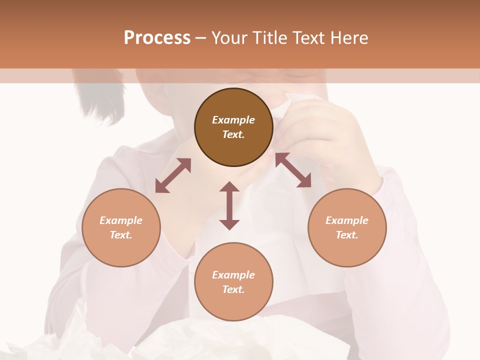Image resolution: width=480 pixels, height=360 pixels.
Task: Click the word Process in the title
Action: point(157,38)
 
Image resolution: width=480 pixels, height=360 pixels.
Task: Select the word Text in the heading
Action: point(307,38)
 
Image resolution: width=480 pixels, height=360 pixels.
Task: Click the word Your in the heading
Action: point(228,38)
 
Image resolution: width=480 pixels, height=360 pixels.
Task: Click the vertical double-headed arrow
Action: point(229,205)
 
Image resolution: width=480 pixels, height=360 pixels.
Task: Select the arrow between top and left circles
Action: point(173,175)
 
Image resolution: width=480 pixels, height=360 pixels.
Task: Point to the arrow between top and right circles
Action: point(293,170)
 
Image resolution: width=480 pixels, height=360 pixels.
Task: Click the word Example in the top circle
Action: point(233,120)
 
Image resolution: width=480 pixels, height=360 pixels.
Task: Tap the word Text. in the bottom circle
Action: point(233,289)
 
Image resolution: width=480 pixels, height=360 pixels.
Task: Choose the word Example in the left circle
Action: point(121,220)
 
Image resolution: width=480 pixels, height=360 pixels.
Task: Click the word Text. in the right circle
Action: point(347,235)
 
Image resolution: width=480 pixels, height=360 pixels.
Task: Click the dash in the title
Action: point(201,38)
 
